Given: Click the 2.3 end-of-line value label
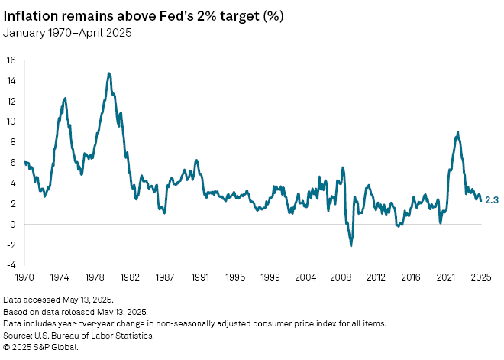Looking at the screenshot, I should coord(492,200).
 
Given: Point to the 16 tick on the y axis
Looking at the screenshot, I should coord(11,60).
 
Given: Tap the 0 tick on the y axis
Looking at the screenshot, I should coord(13,224).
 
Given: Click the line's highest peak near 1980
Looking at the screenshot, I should coord(109,73).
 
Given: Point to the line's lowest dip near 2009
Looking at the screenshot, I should coord(351,245).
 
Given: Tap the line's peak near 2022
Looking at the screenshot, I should coord(457,132).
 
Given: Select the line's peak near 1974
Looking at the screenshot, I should coord(65,98).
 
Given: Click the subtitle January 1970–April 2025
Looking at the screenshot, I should coord(67,32).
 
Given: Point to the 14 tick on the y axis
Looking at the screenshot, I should coord(11,80).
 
